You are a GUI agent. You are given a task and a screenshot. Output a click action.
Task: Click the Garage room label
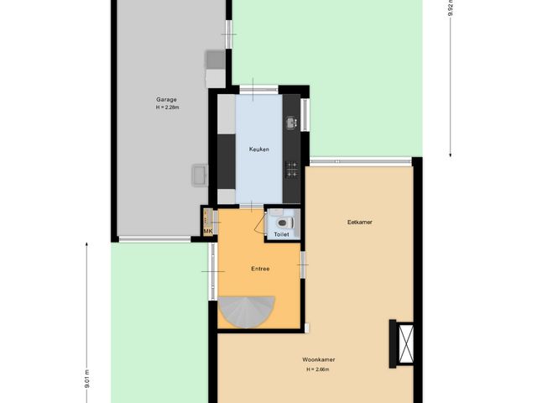[166, 100]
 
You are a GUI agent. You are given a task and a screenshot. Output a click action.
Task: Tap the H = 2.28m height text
[166, 107]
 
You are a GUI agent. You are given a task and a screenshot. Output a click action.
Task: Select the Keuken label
[258, 149]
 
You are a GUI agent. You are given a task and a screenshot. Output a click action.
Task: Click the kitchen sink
[291, 123]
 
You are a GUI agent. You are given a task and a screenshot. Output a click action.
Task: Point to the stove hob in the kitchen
[291, 169]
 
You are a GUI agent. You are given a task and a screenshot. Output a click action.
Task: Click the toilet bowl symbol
[283, 222]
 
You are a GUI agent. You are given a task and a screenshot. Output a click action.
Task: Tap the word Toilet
[281, 234]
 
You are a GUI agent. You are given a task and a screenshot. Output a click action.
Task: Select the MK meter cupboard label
[207, 231]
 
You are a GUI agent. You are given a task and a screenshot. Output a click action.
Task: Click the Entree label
[260, 269]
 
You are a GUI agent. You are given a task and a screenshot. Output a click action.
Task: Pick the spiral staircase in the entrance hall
[245, 312]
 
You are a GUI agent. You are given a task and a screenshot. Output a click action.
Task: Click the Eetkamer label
[359, 222]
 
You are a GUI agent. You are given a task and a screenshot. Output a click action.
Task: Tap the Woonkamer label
[319, 360]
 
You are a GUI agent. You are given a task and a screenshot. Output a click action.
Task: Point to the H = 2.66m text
[319, 369]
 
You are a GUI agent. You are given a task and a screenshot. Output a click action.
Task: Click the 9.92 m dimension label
[451, 8]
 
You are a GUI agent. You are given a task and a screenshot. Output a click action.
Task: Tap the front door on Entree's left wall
[211, 272]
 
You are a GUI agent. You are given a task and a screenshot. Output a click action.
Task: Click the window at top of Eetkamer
[361, 160]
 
